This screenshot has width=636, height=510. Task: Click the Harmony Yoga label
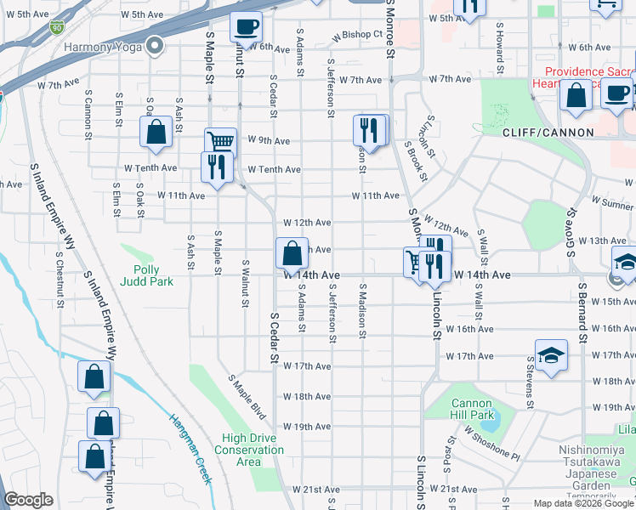pyautogui.click(x=99, y=48)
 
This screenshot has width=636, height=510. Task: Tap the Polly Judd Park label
pyautogui.click(x=147, y=275)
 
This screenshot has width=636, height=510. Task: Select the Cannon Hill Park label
pyautogui.click(x=472, y=410)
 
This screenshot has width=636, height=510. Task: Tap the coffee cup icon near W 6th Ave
pyautogui.click(x=246, y=28)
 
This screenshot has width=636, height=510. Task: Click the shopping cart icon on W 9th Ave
pyautogui.click(x=220, y=142)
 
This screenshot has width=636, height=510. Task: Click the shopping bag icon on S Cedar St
pyautogui.click(x=292, y=253)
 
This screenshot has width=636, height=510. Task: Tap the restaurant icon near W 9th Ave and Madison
pyautogui.click(x=368, y=130)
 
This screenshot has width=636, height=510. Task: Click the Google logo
pyautogui.click(x=29, y=500)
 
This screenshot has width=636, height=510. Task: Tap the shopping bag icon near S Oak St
pyautogui.click(x=156, y=132)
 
